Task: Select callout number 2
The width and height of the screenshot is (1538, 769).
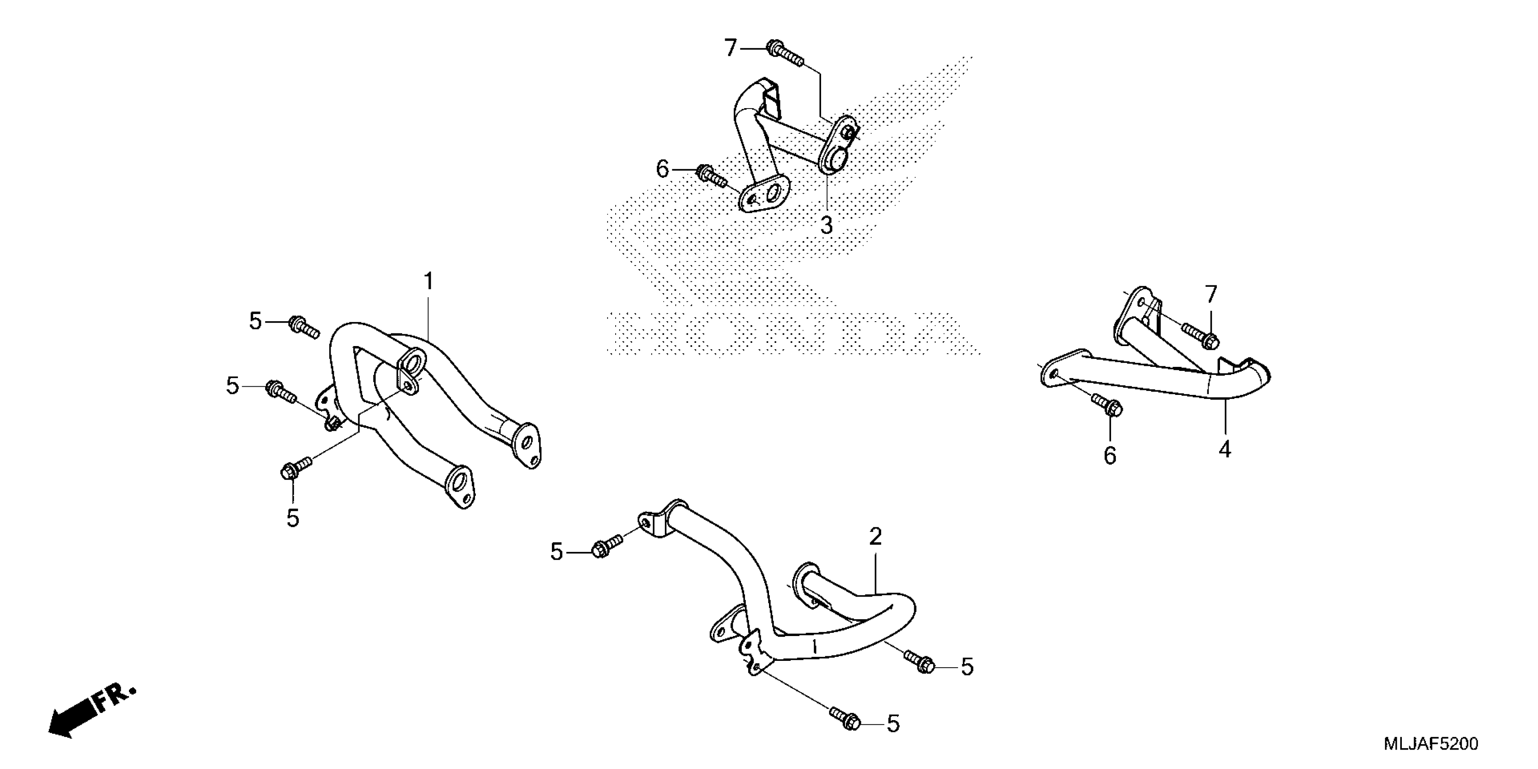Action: pyautogui.click(x=875, y=537)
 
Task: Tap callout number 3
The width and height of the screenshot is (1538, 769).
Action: pyautogui.click(x=826, y=226)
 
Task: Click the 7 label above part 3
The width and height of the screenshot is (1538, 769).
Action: pyautogui.click(x=731, y=48)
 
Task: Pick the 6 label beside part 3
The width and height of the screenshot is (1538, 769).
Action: pyautogui.click(x=663, y=170)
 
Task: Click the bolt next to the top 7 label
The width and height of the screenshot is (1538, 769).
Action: pyautogui.click(x=784, y=52)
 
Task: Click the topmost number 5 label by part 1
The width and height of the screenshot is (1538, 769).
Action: pyautogui.click(x=256, y=321)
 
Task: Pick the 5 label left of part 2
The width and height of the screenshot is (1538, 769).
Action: pyautogui.click(x=556, y=552)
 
